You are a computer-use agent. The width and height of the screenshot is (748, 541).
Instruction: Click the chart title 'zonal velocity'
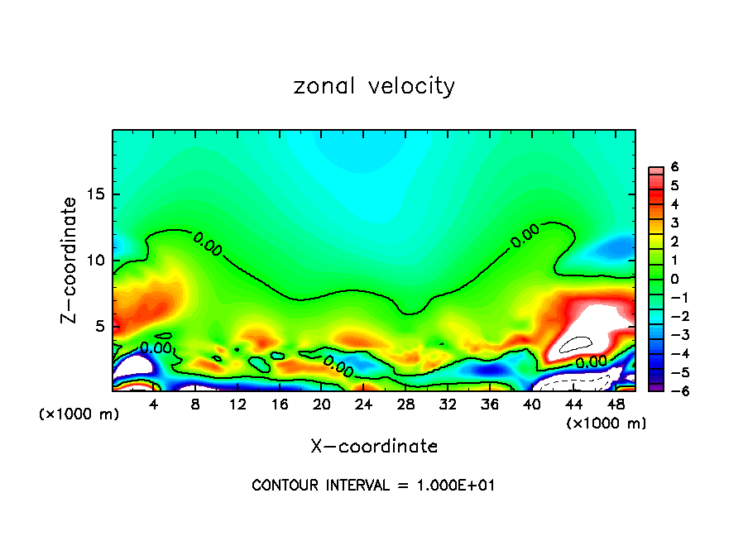coord(374,86)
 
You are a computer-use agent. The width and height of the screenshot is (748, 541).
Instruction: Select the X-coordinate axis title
coord(374,447)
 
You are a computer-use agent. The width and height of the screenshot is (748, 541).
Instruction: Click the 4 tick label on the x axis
coord(154,405)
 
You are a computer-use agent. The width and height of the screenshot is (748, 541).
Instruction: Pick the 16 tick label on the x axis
coord(280,405)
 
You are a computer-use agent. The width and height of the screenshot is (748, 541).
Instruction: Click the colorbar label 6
coord(674,166)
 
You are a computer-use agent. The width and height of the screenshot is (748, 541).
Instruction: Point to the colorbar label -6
coord(672,390)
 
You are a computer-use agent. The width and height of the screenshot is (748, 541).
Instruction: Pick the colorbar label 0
coord(674,278)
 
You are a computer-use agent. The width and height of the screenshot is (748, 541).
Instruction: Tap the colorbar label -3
coord(672,334)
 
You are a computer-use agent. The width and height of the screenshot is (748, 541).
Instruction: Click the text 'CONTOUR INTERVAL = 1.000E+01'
coord(373,486)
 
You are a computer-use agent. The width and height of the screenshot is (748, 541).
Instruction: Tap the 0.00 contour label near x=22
coord(338,366)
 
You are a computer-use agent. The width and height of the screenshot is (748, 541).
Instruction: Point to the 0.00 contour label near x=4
coord(156,348)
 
